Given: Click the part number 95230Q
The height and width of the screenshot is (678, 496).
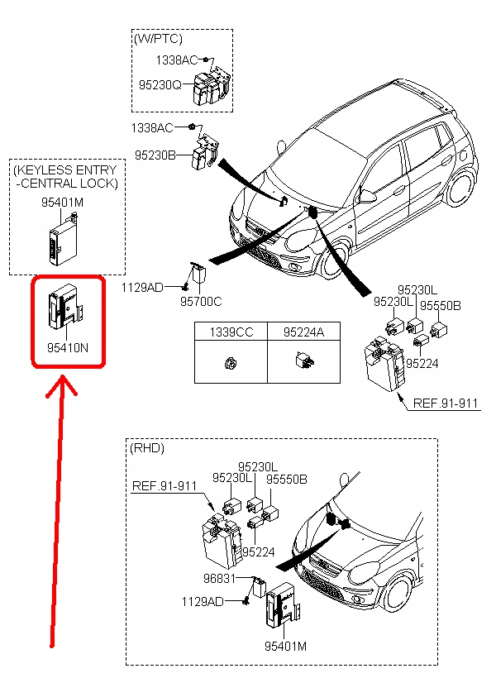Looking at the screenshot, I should pos(160,84).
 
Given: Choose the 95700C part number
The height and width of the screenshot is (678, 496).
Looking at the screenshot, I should pos(202,303).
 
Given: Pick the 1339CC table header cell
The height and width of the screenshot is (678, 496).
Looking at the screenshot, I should pos(231,332).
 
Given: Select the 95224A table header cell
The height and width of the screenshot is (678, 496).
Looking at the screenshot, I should pos(303,332).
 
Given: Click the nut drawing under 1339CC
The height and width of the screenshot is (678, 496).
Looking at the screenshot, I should pos(231,363).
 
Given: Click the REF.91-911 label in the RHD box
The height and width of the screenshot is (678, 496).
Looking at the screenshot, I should pos(165,486).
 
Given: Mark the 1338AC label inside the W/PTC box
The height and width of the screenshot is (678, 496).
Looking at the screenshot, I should pos(176,60).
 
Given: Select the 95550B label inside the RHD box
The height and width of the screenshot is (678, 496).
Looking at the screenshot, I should pos(285,479).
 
